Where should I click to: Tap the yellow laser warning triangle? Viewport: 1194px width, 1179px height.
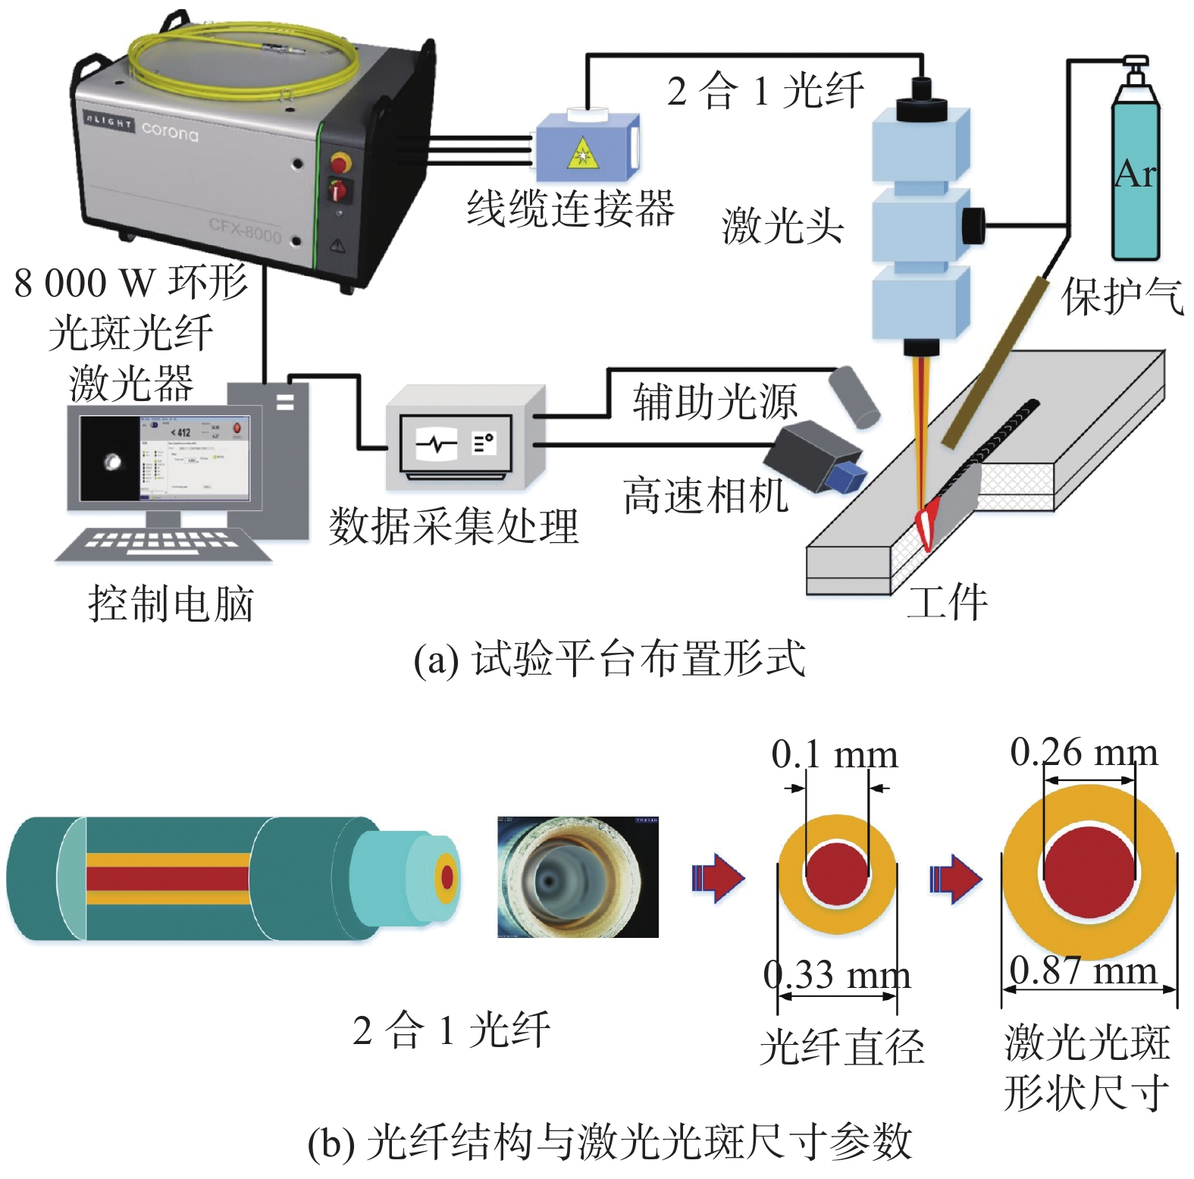(x=582, y=153)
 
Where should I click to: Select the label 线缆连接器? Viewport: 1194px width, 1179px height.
(x=570, y=209)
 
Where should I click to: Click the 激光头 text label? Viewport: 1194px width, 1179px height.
(x=782, y=226)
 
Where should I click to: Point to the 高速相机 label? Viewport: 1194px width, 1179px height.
(x=705, y=497)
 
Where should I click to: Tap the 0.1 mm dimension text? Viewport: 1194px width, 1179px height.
(x=834, y=754)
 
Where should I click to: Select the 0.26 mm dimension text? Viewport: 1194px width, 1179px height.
(x=1084, y=753)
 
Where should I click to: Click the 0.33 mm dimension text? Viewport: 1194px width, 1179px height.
(x=837, y=975)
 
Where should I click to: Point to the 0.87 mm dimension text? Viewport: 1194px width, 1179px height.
(x=1084, y=970)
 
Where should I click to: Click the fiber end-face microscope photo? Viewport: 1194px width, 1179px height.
(x=578, y=876)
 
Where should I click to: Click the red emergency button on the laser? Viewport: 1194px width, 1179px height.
(x=340, y=162)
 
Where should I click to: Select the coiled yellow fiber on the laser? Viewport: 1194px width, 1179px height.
(x=243, y=61)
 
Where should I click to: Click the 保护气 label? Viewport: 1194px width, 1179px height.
(x=1122, y=296)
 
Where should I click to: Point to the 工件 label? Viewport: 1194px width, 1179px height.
(x=948, y=603)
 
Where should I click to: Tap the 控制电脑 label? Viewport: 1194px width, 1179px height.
(x=171, y=604)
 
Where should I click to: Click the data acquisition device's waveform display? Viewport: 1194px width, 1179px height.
(x=437, y=444)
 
